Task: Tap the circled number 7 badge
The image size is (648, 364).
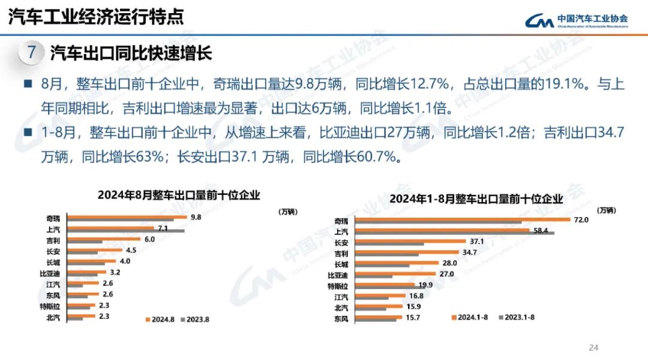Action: tap(32, 53)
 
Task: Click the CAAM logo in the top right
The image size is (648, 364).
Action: tap(576, 21)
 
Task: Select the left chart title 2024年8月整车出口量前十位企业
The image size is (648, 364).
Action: tap(179, 195)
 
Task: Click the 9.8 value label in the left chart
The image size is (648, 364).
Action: tap(196, 217)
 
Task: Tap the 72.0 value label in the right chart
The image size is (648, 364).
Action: tap(581, 220)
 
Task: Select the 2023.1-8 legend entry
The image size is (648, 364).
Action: tap(517, 317)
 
